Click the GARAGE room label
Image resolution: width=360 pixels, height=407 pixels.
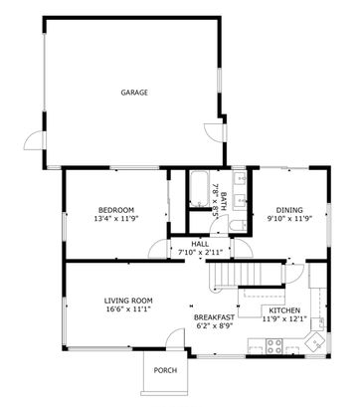click(134, 93)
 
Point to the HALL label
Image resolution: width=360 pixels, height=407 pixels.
click(200, 244)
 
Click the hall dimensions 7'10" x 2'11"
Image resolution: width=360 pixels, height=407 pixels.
click(200, 253)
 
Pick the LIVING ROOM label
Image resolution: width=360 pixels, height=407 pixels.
click(128, 300)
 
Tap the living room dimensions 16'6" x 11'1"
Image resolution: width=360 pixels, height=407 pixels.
click(128, 308)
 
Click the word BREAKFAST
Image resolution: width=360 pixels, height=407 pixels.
click(214, 316)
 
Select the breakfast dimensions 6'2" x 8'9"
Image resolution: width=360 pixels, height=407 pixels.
click(214, 325)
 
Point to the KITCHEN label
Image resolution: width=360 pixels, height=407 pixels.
click(283, 310)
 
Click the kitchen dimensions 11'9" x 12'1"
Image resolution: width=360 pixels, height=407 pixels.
click(283, 319)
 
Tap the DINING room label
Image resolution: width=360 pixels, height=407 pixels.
click(289, 209)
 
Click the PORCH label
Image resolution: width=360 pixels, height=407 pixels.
click(164, 371)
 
